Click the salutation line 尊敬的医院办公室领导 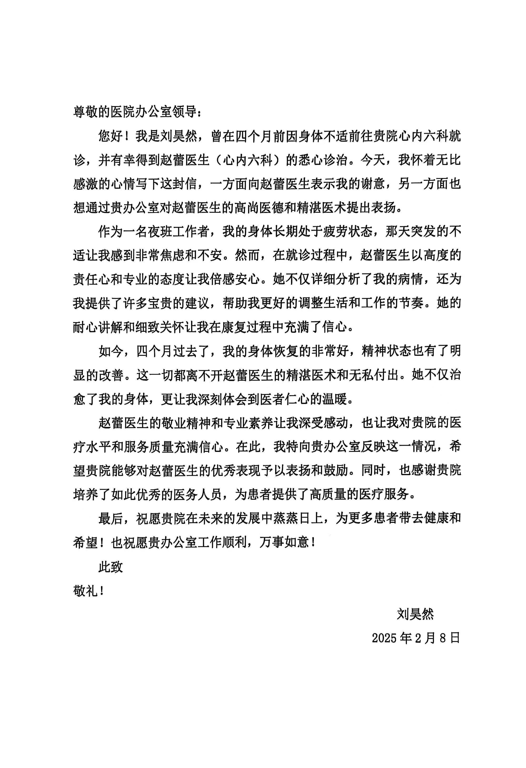coord(137,112)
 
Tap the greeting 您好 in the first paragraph coord(111,136)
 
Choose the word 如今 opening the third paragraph coord(111,351)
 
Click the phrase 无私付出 coord(372,375)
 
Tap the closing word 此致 coord(111,566)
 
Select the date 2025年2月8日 coord(416,638)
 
